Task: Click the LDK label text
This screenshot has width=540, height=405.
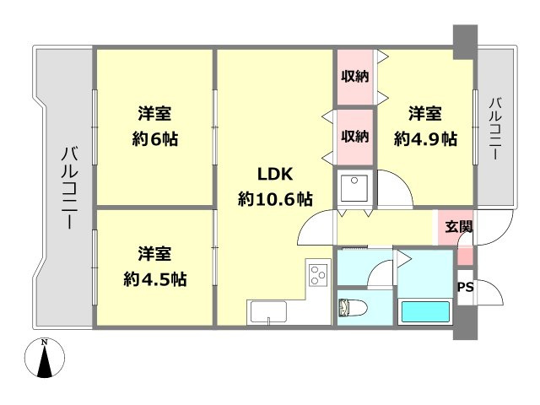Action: pyautogui.click(x=274, y=175)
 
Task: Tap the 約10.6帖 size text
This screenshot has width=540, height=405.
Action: pyautogui.click(x=275, y=200)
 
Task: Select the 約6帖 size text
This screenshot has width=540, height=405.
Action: pyautogui.click(x=154, y=138)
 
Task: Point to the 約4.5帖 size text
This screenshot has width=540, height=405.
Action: pyautogui.click(x=154, y=278)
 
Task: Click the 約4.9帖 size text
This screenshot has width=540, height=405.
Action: pyautogui.click(x=426, y=138)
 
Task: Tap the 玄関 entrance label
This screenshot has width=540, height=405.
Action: pyautogui.click(x=459, y=226)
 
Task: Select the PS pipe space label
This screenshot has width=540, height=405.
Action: pyautogui.click(x=465, y=286)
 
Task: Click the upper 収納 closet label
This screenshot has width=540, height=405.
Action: pyautogui.click(x=354, y=77)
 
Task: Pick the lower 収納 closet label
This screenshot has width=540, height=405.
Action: pyautogui.click(x=354, y=135)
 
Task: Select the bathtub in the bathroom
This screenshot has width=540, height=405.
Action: pyautogui.click(x=424, y=310)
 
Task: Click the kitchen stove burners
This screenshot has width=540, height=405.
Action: pyautogui.click(x=318, y=275)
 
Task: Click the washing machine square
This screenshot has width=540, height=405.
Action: pyautogui.click(x=351, y=186)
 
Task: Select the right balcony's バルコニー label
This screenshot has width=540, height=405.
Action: pyautogui.click(x=495, y=131)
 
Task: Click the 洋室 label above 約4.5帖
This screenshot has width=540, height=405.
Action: pyautogui.click(x=154, y=253)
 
